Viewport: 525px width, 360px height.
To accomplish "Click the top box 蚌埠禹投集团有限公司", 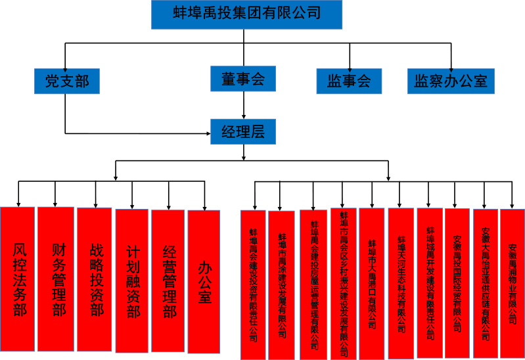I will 246,14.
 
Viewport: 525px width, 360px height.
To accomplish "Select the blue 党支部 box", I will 67,81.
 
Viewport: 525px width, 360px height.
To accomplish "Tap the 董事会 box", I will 243,79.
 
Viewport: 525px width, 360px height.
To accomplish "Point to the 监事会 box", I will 349,81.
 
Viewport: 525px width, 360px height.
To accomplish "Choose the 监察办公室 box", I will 451,81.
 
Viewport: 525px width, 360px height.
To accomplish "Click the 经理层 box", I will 243,131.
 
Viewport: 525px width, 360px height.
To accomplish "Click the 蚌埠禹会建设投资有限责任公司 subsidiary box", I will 253,284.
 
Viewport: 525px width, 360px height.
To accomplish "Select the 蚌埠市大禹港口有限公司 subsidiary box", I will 372,283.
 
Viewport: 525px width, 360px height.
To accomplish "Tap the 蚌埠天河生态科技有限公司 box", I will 401,283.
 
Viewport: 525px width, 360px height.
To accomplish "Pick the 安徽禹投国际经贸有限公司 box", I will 457,283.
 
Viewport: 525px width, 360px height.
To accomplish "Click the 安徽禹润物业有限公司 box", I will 513,284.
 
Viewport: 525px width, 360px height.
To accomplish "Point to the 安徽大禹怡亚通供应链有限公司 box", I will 486,283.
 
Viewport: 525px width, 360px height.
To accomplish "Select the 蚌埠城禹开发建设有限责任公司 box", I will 430,283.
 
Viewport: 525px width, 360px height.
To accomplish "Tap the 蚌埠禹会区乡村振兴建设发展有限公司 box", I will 343,283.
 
